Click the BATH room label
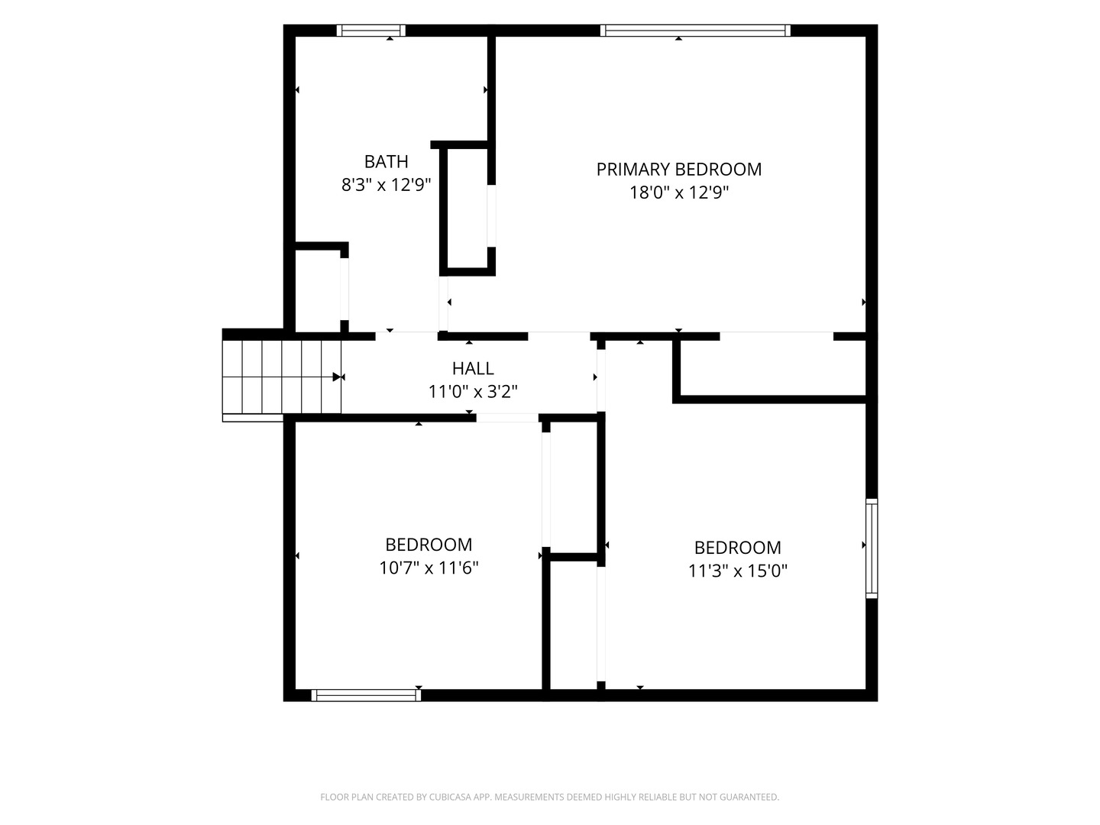pos(386,161)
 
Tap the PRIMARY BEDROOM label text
pos(678,170)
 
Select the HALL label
pos(473,368)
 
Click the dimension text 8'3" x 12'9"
pos(386,185)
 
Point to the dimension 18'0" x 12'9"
pos(678,192)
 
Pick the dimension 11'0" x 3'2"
pos(473,391)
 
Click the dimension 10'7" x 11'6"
pos(429,568)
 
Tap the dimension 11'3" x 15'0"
pos(738,571)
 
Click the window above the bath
pos(370,31)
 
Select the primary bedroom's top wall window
pos(696,31)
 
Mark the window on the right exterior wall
pos(872,548)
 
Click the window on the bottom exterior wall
pos(367,695)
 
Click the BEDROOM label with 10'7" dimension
pos(429,545)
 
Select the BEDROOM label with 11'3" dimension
pos(738,548)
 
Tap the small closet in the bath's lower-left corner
pos(318,290)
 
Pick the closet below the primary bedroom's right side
pos(773,367)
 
